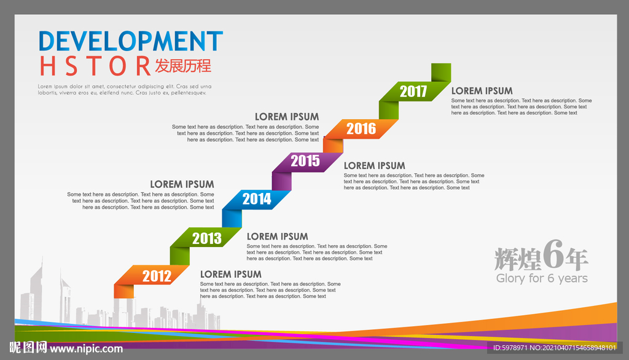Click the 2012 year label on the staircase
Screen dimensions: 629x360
[157, 276]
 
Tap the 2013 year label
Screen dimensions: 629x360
[207, 238]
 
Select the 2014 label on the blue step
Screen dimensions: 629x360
[257, 199]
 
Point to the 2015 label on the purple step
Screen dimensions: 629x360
[305, 161]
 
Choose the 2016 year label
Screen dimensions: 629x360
[361, 129]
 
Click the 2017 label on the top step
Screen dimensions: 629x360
[413, 92]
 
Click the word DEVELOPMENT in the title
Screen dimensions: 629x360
[131, 41]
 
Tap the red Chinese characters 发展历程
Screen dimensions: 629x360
[183, 66]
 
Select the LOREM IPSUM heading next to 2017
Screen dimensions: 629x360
[482, 91]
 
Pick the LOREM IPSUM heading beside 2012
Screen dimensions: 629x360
[231, 275]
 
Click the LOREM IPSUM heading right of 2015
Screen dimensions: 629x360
[374, 166]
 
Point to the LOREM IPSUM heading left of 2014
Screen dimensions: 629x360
[182, 184]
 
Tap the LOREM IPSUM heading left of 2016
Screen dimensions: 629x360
[287, 117]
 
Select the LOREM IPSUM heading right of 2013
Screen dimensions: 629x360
[277, 237]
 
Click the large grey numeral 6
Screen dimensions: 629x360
[553, 254]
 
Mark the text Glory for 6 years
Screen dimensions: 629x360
[542, 278]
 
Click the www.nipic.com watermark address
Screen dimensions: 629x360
[86, 349]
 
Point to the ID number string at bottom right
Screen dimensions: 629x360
[555, 348]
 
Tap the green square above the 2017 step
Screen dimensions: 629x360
[441, 72]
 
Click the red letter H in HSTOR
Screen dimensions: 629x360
[47, 66]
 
